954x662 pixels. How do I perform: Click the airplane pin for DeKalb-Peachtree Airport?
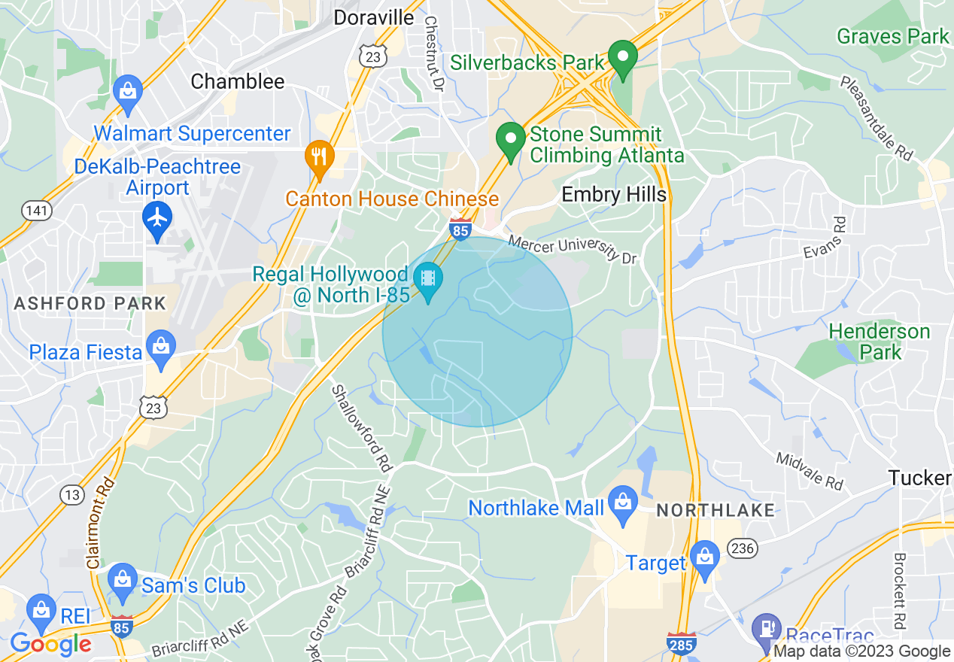(x=157, y=218)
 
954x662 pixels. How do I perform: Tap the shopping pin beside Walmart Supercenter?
(x=128, y=92)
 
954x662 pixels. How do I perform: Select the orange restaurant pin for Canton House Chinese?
(x=320, y=158)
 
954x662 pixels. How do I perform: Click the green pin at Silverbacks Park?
(x=623, y=57)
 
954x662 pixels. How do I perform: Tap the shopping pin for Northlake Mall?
(x=622, y=501)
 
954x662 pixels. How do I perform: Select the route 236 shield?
(x=742, y=548)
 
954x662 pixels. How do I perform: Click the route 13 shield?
(x=71, y=494)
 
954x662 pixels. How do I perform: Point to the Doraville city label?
(x=374, y=17)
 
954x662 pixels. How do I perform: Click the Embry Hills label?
(x=614, y=195)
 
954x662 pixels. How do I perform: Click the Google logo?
(x=50, y=645)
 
